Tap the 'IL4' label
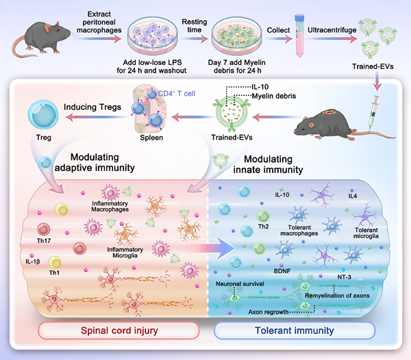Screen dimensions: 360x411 352,196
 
